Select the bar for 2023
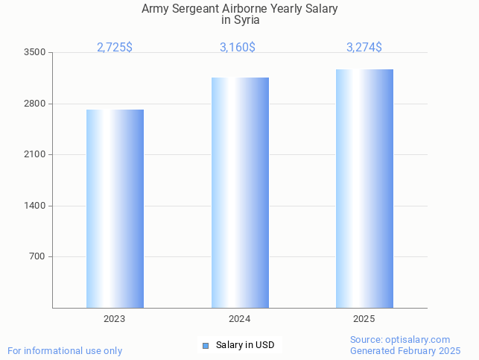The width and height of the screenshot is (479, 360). click(115, 209)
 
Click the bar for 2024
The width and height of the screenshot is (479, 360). click(240, 192)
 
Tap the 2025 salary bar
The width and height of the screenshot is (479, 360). click(364, 189)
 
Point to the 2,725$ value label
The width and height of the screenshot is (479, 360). click(115, 48)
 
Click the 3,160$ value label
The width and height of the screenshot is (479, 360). click(238, 48)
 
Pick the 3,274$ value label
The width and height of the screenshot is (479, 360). click(364, 48)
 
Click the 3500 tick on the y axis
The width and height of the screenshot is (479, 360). click(35, 53)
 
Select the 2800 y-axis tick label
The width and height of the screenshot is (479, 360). click(35, 104)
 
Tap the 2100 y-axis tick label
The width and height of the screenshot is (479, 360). click(35, 154)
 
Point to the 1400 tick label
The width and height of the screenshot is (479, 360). click(35, 206)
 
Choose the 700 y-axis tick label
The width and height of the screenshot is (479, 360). click(37, 256)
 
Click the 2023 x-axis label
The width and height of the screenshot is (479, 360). click(115, 319)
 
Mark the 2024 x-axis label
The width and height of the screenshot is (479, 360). click(240, 319)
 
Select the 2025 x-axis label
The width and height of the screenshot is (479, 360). click(364, 319)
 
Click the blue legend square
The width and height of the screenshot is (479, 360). click(206, 346)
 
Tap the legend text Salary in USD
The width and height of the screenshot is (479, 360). click(245, 345)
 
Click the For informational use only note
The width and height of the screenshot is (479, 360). click(65, 350)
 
